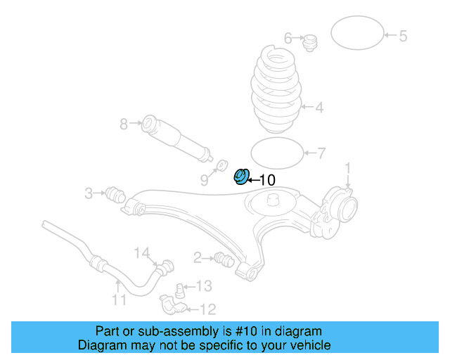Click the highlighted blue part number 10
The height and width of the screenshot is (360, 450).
[x=241, y=176]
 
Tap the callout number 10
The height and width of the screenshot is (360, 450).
[x=267, y=180]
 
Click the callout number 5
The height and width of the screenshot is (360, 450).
[x=403, y=36]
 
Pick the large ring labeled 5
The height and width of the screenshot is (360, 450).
[x=356, y=32]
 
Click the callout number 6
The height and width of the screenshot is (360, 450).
[x=288, y=37]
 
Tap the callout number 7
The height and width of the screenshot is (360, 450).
[x=321, y=153]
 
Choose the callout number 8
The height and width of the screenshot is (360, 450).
[x=124, y=124]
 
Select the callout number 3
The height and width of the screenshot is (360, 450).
[x=89, y=193]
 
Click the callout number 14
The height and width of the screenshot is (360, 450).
[x=142, y=252]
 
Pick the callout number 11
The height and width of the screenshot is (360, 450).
[x=119, y=300]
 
